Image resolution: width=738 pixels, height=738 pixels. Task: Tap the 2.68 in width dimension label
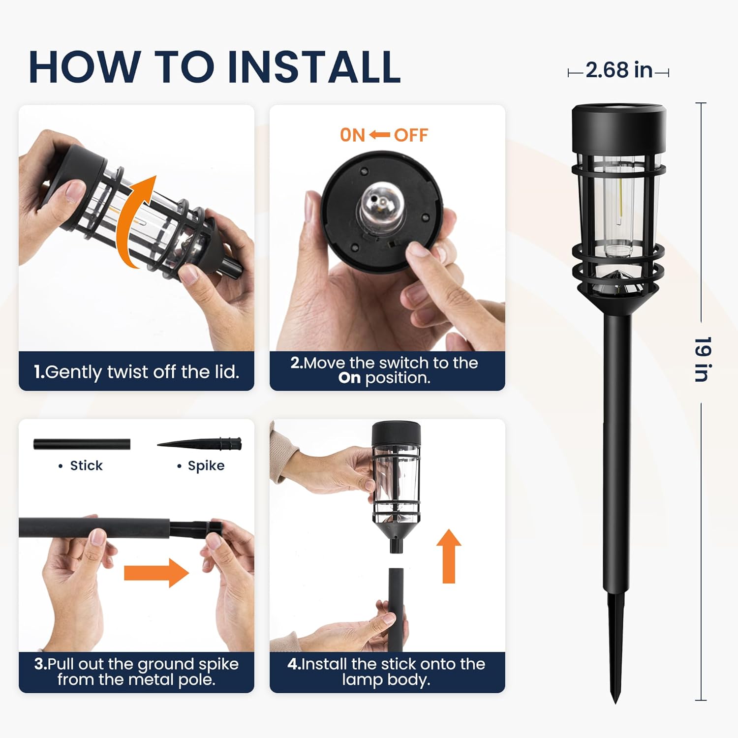pos(618,70)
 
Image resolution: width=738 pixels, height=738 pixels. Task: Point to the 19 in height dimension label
pos(702,359)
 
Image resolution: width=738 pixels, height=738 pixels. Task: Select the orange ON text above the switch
pos(352,135)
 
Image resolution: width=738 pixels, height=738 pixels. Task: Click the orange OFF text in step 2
pos(411,135)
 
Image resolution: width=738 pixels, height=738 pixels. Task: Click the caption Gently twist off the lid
pos(136,372)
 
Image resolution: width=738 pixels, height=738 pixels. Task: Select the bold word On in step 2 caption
pos(349,378)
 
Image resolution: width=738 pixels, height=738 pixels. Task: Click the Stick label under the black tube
pos(86,465)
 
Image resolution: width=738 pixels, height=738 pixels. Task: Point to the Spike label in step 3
pos(206,465)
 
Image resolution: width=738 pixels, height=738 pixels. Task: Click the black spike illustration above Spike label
pos(202,444)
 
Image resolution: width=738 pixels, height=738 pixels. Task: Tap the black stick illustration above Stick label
pos(82,444)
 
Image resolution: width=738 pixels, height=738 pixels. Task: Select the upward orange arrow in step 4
pos(448,556)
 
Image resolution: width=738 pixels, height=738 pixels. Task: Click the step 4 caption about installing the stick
pos(387,672)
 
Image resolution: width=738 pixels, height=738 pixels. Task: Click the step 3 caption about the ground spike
pos(136,672)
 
